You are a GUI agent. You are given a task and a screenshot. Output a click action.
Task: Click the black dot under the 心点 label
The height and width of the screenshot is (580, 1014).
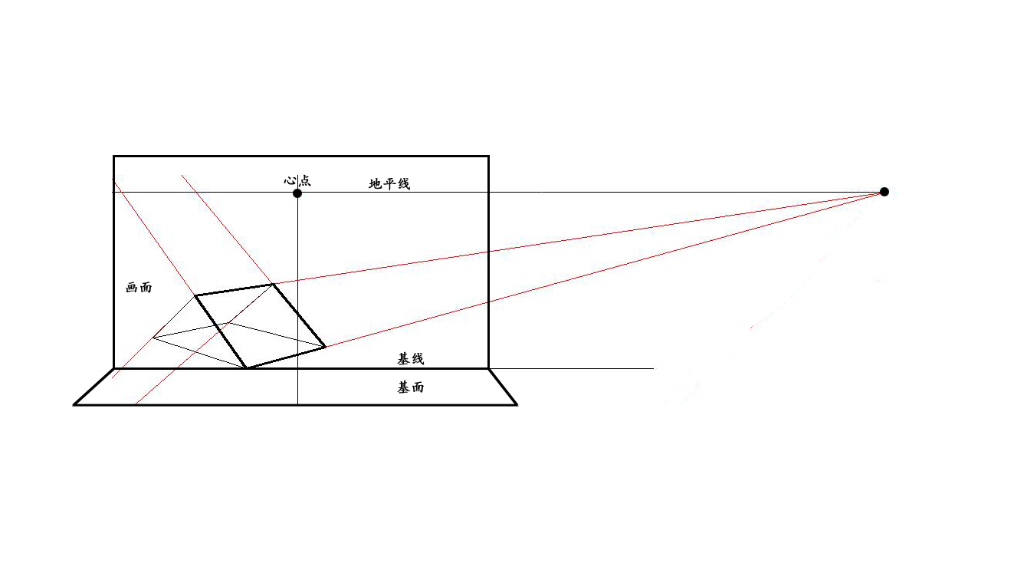click(297, 193)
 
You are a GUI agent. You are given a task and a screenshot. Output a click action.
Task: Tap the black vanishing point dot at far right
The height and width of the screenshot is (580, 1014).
click(884, 192)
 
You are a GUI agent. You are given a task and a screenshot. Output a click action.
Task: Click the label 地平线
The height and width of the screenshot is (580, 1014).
click(389, 183)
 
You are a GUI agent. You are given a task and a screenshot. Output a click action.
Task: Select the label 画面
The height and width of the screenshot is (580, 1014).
click(139, 287)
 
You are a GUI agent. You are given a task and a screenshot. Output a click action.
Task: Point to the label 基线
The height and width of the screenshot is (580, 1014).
click(411, 359)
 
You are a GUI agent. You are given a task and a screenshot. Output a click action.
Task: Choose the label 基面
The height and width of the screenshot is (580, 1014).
click(411, 387)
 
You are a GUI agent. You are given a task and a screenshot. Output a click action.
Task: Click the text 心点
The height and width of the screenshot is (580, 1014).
click(297, 180)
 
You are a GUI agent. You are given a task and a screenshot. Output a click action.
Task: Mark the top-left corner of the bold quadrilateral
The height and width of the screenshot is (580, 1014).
click(195, 295)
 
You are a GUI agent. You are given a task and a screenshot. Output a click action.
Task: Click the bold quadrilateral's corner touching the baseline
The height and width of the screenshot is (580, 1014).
click(246, 368)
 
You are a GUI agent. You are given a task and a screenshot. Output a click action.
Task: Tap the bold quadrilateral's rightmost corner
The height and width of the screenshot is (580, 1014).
click(326, 347)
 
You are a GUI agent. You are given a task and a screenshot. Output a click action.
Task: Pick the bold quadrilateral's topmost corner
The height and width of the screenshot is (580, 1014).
click(273, 285)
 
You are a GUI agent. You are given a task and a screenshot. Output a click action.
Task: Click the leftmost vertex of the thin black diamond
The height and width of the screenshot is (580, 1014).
click(153, 338)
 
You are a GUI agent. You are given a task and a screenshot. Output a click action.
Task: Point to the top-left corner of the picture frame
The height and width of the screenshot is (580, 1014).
click(113, 157)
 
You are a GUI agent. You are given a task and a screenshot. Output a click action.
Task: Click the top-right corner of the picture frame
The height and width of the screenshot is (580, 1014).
click(488, 157)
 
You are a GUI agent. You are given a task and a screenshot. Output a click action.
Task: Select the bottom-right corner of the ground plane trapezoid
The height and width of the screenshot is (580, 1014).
click(517, 404)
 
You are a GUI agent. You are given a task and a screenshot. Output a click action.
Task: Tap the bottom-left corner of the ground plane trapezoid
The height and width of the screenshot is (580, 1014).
click(74, 404)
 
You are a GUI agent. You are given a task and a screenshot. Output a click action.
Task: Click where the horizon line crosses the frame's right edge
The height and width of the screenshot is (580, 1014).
click(488, 192)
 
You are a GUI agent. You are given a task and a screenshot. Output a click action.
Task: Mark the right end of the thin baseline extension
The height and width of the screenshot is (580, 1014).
click(653, 368)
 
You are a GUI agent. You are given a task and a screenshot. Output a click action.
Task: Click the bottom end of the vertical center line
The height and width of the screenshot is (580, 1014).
click(297, 404)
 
